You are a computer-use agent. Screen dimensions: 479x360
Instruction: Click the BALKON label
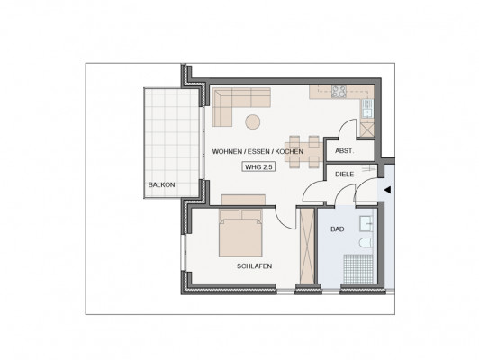point(161,184)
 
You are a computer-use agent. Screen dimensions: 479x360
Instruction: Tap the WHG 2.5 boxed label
point(258,167)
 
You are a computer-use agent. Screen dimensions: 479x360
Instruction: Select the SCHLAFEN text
point(254,266)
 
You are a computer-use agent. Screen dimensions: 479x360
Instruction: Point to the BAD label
point(338,229)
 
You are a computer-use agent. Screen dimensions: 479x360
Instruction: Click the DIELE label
point(344,175)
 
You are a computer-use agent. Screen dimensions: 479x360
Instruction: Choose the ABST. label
point(344,151)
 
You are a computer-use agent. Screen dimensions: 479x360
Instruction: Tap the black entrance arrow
point(387,190)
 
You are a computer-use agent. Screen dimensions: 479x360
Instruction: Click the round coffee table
point(253,121)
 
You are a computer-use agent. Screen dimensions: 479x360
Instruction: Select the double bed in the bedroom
point(240,233)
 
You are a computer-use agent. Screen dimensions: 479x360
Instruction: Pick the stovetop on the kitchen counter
point(339,92)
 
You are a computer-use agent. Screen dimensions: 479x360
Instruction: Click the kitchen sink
point(366,109)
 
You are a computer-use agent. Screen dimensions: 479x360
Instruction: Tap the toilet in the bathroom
point(366,243)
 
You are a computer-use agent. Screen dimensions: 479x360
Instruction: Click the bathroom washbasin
point(366,223)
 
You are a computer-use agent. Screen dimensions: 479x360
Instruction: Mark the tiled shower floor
point(358,269)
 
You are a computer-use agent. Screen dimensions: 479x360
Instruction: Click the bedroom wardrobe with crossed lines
point(307,246)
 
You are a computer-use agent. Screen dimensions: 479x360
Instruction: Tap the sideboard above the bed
point(243,200)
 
